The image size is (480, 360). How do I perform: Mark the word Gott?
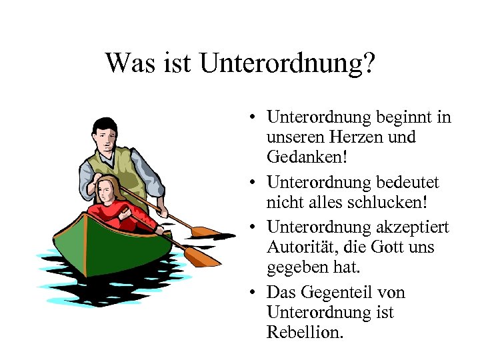(397, 247)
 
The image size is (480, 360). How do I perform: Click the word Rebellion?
(305, 332)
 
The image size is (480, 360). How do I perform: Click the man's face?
(105, 139)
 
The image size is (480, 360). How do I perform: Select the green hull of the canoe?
(107, 243)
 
